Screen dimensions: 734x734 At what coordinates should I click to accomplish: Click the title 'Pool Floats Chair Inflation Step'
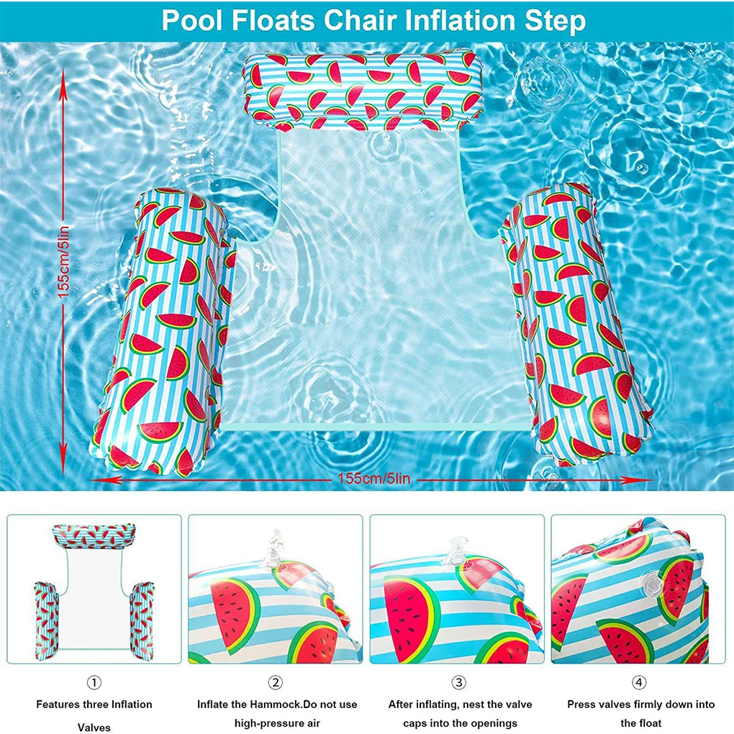tap(373, 20)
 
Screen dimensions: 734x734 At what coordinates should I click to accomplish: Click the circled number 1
tap(94, 681)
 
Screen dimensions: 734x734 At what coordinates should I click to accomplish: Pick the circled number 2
tap(276, 681)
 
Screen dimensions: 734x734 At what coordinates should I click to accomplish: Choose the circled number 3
tap(458, 681)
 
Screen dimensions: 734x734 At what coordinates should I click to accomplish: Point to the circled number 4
tap(640, 681)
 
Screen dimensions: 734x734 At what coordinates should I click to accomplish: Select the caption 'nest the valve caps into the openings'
tap(458, 713)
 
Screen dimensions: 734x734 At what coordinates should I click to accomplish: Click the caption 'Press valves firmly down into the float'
tap(640, 713)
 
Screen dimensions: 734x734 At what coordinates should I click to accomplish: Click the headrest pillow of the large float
tap(363, 91)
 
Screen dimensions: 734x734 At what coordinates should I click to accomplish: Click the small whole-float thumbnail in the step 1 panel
tap(94, 583)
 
